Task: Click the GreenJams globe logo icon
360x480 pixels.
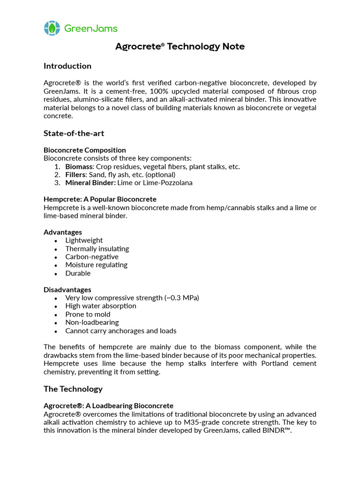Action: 52,28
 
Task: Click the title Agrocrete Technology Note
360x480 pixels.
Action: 180,46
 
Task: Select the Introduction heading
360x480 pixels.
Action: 67,66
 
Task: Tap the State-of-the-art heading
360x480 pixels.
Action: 74,134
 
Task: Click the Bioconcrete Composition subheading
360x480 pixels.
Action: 84,150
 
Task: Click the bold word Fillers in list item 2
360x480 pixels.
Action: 75,174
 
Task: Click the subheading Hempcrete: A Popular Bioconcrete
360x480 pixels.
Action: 100,199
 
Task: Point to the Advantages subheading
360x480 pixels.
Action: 63,232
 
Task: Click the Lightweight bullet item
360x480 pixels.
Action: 84,240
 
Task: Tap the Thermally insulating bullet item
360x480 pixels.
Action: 97,248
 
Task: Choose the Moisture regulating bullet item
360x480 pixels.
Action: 96,265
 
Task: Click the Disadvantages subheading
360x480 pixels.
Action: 67,290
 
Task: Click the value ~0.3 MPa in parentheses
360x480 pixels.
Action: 182,298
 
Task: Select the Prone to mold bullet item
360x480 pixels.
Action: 88,314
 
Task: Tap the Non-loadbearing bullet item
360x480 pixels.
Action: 92,322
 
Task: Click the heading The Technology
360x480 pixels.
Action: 73,389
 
